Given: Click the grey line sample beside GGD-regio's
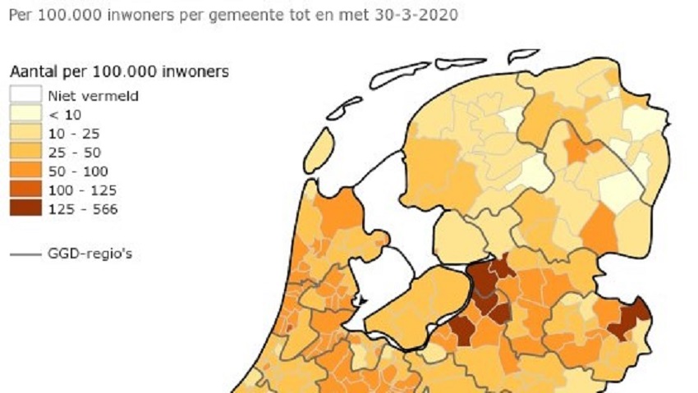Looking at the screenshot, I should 25,254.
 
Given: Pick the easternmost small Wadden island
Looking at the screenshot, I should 522,56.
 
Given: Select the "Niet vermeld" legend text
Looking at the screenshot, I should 93,96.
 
